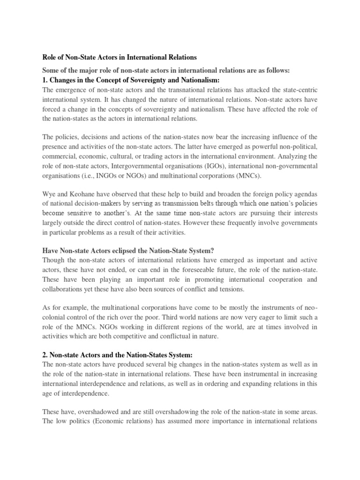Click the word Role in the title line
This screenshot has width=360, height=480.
click(50, 57)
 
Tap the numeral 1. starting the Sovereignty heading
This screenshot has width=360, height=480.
click(45, 81)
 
